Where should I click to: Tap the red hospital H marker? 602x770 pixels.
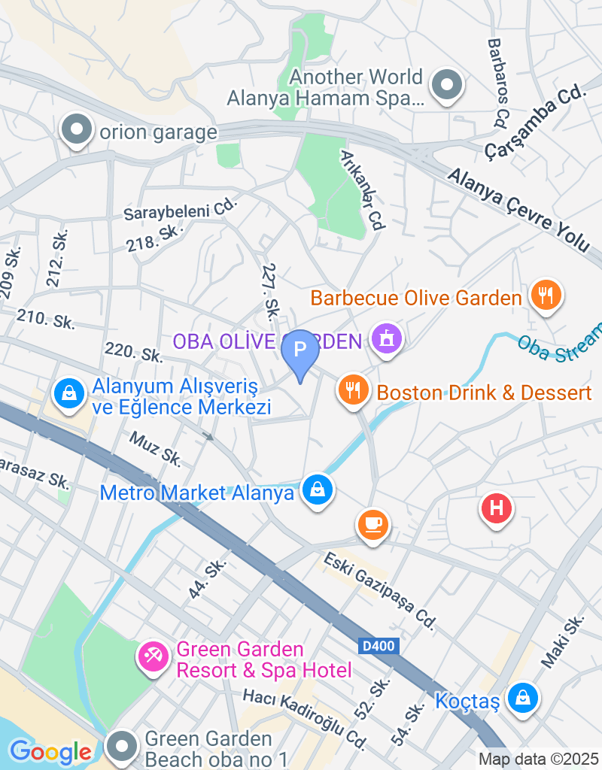(x=496, y=508)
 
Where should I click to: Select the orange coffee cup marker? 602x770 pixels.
(x=372, y=523)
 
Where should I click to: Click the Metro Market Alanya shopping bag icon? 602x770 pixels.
(x=318, y=490)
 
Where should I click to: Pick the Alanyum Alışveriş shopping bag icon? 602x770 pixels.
(x=68, y=393)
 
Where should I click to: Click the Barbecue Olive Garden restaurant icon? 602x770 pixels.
(x=546, y=294)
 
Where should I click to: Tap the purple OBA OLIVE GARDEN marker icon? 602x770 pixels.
(x=387, y=340)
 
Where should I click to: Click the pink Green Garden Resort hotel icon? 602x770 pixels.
(x=153, y=656)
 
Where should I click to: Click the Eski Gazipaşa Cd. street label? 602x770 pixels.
(x=381, y=591)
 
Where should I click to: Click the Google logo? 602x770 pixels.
(x=50, y=751)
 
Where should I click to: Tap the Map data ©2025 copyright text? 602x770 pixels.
(x=538, y=759)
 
